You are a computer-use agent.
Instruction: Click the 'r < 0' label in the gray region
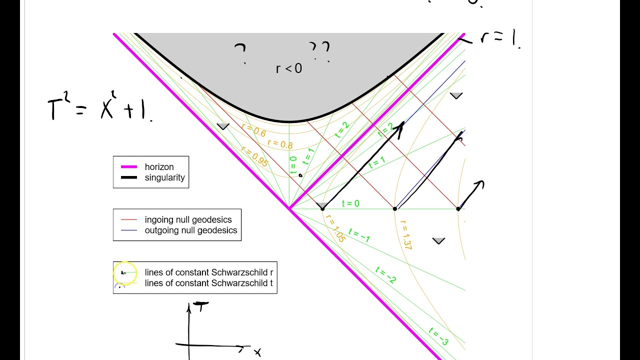click(289, 68)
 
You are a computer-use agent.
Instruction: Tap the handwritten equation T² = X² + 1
click(100, 108)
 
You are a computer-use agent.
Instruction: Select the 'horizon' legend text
click(159, 167)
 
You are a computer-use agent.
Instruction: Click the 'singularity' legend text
click(164, 177)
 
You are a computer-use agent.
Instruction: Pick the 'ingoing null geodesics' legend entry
click(188, 219)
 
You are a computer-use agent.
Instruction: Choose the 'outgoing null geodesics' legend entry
click(190, 230)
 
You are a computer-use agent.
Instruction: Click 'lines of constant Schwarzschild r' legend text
click(209, 272)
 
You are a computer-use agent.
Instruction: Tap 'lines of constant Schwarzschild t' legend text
click(209, 283)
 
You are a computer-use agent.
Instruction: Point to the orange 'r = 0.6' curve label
click(253, 130)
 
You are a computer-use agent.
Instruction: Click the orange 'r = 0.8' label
click(279, 144)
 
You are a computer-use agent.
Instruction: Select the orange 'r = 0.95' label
click(254, 156)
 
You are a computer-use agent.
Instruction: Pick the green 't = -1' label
click(359, 235)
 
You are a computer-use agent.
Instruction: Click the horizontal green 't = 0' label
click(350, 203)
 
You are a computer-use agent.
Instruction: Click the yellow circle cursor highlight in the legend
click(125, 273)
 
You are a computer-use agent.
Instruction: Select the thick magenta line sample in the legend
click(126, 167)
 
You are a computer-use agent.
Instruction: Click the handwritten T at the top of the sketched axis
click(201, 306)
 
